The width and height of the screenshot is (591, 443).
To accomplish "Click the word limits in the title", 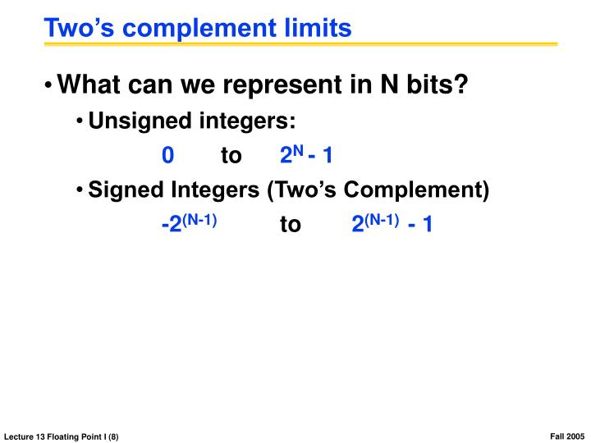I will (x=315, y=28).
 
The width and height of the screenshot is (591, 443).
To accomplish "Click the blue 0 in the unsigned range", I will (x=167, y=156).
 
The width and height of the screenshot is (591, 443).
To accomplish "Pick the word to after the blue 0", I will (x=231, y=156).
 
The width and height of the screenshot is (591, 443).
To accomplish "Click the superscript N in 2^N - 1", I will (x=299, y=150).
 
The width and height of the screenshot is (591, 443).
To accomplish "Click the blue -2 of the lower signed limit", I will (x=171, y=225).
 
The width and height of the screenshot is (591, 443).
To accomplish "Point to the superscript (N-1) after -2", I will (x=199, y=218).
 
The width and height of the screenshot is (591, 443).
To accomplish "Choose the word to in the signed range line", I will (x=291, y=225).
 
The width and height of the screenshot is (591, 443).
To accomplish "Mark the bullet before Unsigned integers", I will (x=80, y=122).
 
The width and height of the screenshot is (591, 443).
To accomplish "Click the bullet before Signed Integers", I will (x=80, y=191).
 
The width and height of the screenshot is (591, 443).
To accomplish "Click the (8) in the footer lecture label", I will (x=112, y=436).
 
